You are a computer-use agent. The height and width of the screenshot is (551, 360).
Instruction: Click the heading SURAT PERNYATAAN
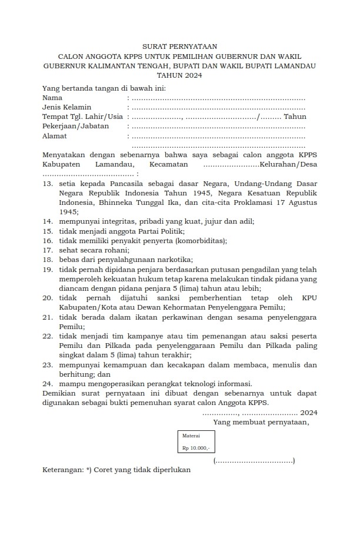pos(179,46)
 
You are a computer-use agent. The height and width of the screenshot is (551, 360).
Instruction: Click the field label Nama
pos(52,98)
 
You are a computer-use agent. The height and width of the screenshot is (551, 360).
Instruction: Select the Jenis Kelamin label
pos(66,107)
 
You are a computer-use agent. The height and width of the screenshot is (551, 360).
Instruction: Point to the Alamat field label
pos(55,136)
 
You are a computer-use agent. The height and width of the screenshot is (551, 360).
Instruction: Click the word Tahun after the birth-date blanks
pos(295,117)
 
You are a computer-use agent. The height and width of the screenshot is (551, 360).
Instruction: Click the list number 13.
pos(48,184)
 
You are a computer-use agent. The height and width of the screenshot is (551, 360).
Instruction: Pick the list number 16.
pos(48,240)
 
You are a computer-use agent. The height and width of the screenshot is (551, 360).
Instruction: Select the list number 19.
pos(48,269)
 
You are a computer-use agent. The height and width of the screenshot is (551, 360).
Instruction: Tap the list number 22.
pos(48,336)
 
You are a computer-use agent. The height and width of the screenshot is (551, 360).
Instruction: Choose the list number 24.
pos(48,383)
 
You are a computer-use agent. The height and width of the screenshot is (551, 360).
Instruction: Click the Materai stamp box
pos(196,442)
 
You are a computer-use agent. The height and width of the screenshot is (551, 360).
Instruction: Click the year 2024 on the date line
pos(309,412)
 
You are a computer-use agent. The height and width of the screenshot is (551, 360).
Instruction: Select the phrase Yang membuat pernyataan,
pos(261,422)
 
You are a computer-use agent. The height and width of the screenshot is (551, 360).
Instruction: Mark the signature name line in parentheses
pos(254,461)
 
